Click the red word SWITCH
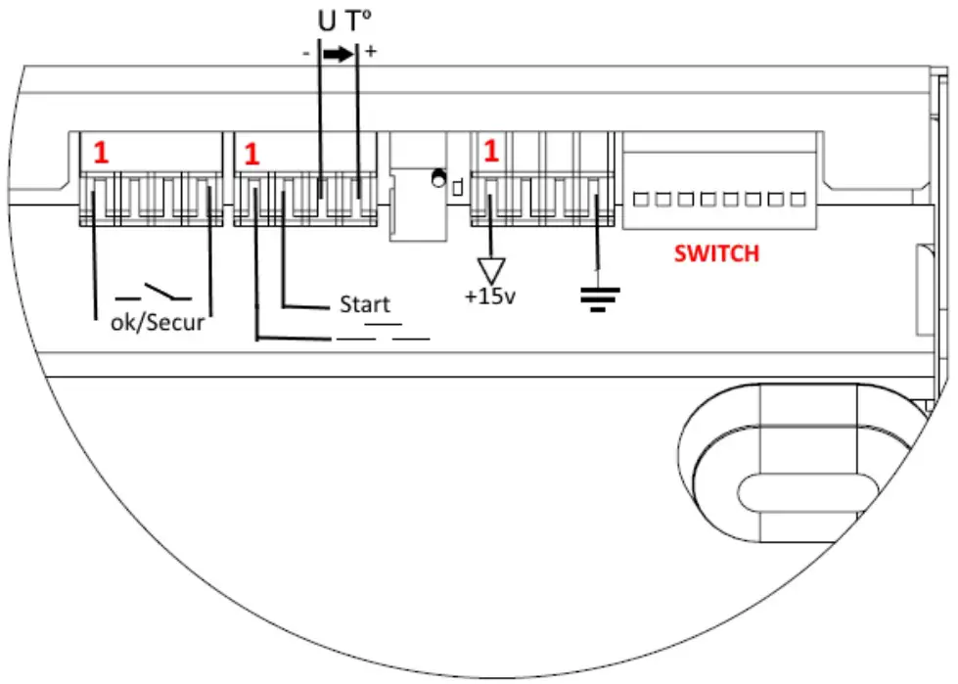tap(715, 253)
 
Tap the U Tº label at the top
tap(340, 22)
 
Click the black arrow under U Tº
tap(338, 56)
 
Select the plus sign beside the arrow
tap(371, 53)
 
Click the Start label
tap(364, 304)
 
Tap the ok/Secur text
tap(158, 322)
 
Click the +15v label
tap(490, 296)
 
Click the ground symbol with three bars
tap(593, 294)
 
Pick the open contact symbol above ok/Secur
tap(154, 292)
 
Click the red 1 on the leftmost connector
tap(101, 154)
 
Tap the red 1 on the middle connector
tap(252, 155)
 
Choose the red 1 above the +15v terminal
tap(491, 152)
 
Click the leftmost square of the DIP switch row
tap(642, 200)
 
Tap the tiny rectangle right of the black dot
tap(457, 182)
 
